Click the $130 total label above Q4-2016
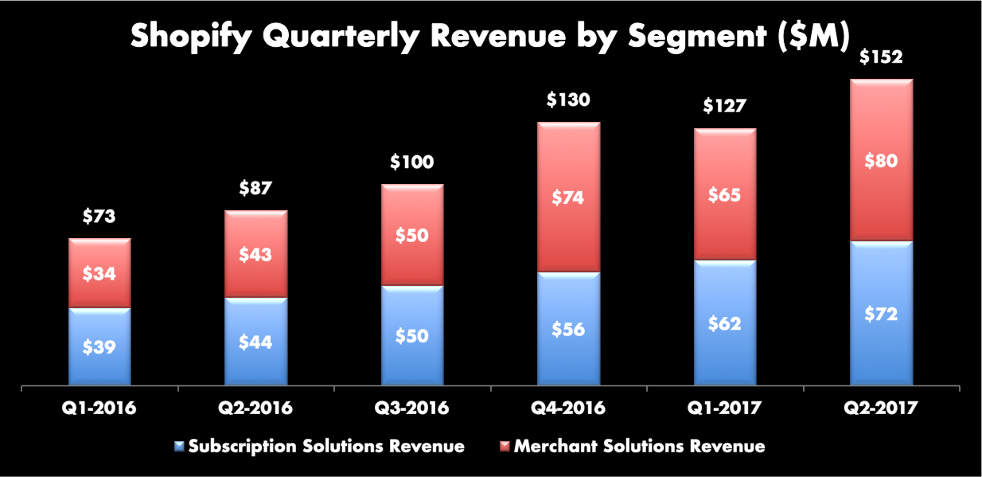[568, 100]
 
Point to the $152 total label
[881, 57]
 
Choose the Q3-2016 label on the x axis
[412, 409]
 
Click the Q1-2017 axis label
[725, 409]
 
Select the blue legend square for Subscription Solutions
[179, 447]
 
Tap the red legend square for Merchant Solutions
[504, 447]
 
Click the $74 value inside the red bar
[568, 197]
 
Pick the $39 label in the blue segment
[99, 347]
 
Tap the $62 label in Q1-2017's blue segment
[725, 323]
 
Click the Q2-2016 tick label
[255, 409]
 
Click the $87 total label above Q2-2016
[255, 189]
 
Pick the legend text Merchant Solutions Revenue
[639, 447]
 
